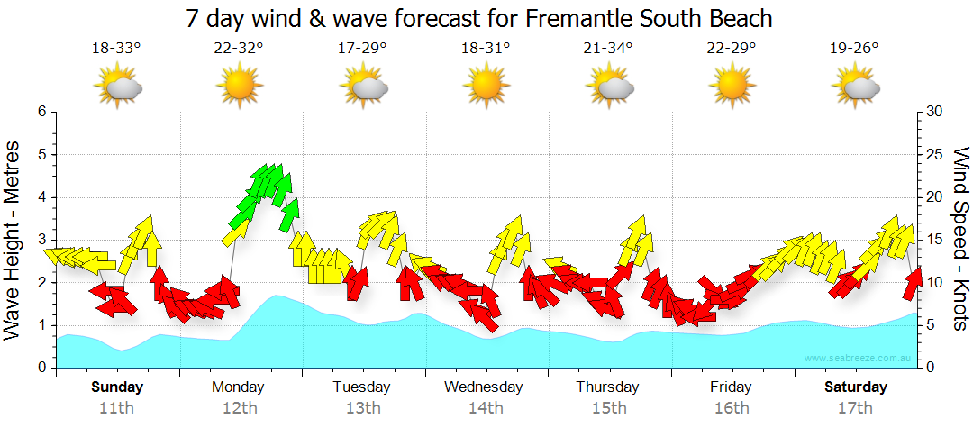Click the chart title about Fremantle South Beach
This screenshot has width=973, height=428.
[x=479, y=18]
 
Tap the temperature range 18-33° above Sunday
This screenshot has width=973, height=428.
[x=116, y=49]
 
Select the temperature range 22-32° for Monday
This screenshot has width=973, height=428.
[x=239, y=49]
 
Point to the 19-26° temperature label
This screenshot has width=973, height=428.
[x=854, y=49]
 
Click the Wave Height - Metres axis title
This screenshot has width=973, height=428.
[x=14, y=240]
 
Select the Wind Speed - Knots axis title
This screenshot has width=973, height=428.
[x=960, y=240]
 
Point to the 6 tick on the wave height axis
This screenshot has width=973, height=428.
[x=41, y=112]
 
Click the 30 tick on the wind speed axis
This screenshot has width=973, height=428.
[x=936, y=112]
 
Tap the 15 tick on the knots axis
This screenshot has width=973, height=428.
[x=935, y=240]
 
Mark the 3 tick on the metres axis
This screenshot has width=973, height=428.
[x=41, y=240]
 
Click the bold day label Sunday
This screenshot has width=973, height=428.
[x=116, y=387]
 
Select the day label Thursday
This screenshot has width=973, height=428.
[x=607, y=387]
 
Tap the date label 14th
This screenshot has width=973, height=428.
[x=486, y=407]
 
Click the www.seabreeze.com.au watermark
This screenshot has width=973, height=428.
[x=859, y=358]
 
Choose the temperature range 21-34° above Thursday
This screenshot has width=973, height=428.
[x=608, y=49]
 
